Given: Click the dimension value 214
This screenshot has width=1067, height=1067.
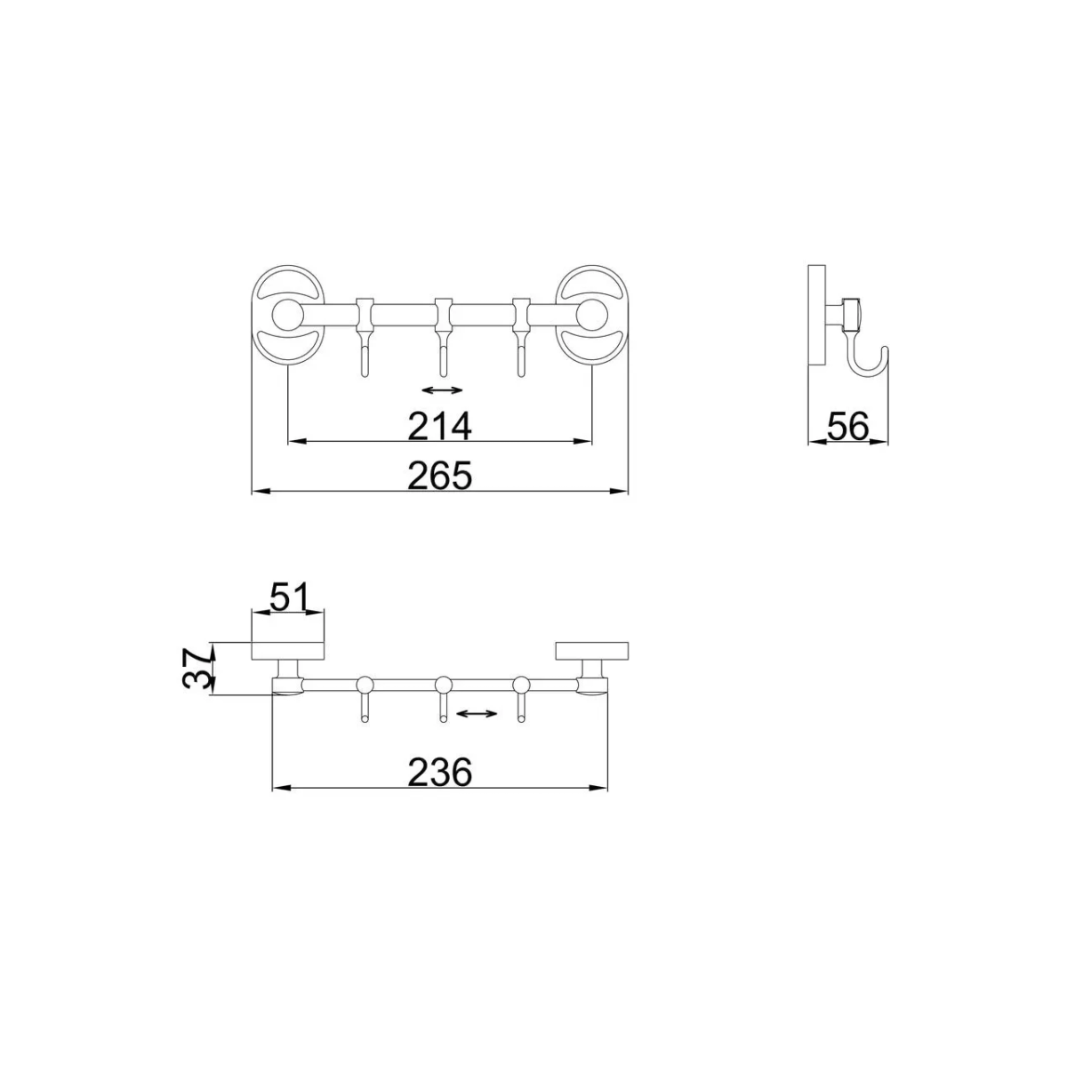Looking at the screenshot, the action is click(439, 426).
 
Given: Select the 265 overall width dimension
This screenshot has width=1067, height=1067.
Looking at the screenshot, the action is click(439, 475).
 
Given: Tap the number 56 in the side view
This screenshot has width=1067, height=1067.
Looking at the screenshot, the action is click(847, 427).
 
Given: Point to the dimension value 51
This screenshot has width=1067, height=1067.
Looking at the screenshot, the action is click(288, 597).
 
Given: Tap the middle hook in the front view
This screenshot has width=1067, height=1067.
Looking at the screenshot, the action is click(443, 337).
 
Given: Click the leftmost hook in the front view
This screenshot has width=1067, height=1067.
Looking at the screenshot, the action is click(364, 337).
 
